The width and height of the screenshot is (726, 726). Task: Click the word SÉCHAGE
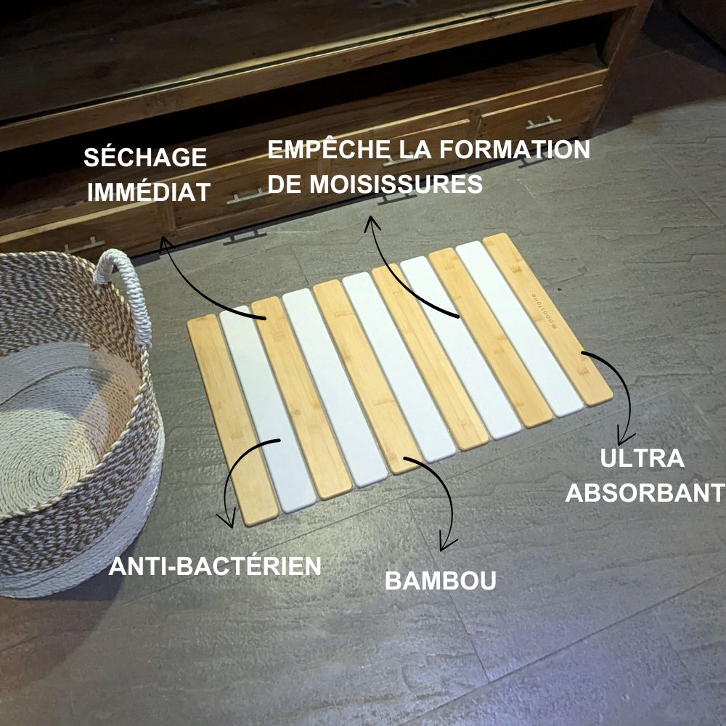145,158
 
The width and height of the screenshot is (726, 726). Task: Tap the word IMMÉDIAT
148,192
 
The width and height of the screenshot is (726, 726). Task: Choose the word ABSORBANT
645,493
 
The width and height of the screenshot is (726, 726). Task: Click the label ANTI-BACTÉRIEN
215,566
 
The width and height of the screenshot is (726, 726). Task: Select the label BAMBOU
441,581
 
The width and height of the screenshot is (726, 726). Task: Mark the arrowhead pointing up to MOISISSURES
372,221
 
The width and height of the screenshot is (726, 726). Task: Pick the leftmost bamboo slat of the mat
231,421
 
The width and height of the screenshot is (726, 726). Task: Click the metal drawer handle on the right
544,121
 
